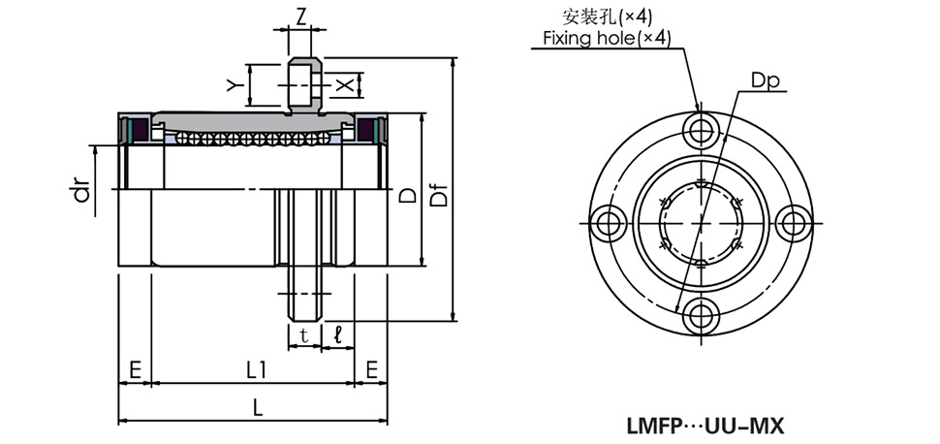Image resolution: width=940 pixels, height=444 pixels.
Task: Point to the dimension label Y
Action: coord(233,84)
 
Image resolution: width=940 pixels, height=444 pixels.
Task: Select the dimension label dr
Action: coord(82,191)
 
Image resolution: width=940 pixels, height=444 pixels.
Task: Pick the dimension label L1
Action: coord(257,368)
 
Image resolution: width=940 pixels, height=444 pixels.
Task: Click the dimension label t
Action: coord(304,335)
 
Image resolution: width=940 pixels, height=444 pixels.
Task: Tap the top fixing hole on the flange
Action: coord(700,130)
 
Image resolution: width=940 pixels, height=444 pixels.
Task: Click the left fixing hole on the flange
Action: coord(608,223)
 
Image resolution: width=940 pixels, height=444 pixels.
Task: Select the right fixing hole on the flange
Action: coord(793,223)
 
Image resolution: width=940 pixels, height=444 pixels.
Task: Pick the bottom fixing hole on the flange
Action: coord(700,315)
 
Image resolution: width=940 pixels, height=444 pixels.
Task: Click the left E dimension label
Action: coord(135,368)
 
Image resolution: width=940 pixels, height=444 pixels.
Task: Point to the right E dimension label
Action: coord(370,368)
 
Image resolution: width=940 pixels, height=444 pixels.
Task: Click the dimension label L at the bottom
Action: coord(257,408)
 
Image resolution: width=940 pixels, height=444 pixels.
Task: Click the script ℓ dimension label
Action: coord(337,335)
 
